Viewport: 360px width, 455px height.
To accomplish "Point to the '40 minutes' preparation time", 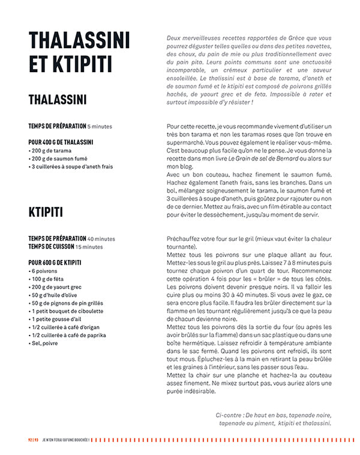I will (x=101, y=238).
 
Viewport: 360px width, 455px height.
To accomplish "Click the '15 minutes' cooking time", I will (x=89, y=246).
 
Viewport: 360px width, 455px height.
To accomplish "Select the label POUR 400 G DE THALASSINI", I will (x=61, y=142).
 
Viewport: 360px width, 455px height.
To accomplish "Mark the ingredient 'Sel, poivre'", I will (x=43, y=343).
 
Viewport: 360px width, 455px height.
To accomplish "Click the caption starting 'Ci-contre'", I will (x=273, y=418).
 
